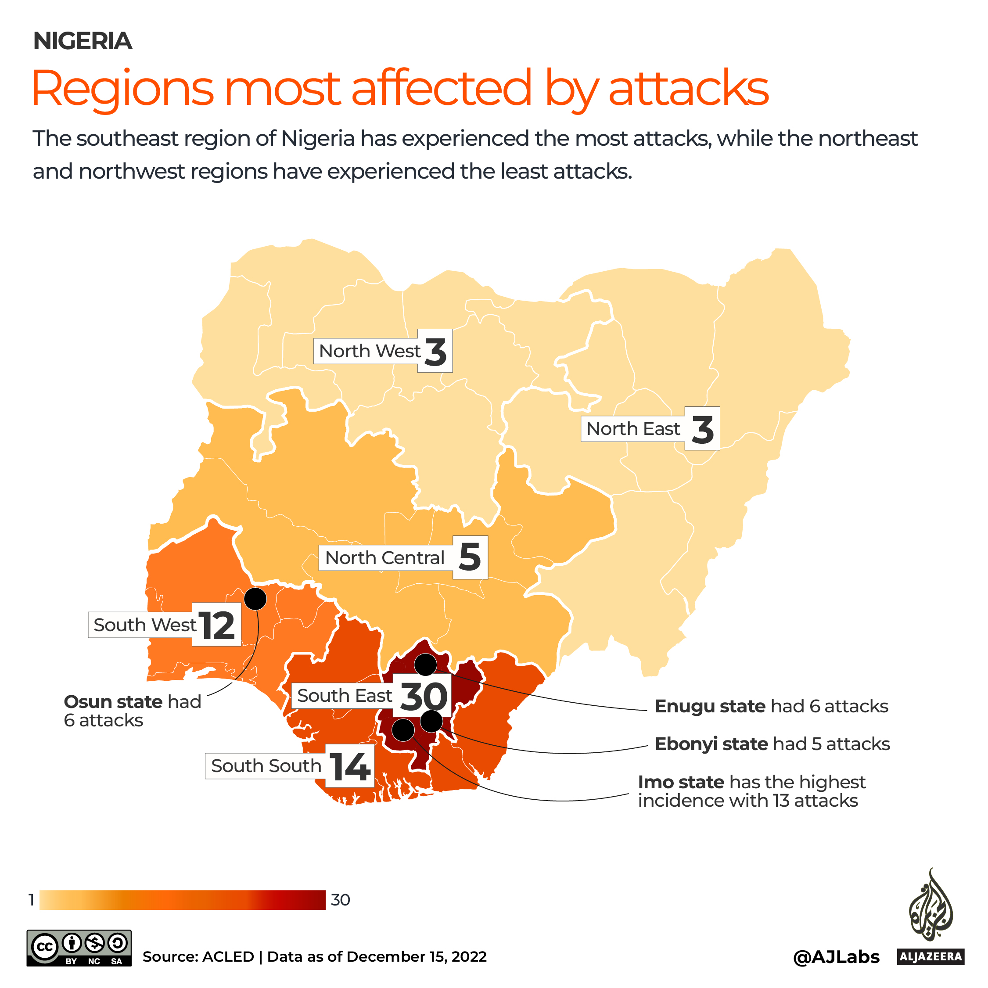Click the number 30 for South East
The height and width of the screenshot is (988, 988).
[x=424, y=697]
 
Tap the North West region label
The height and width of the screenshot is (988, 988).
[x=369, y=351]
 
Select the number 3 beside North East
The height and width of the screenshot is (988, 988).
[x=702, y=430]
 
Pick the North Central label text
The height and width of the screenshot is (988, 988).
[x=384, y=558]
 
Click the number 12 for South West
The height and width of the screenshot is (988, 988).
[x=217, y=625]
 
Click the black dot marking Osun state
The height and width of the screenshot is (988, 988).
[x=255, y=598]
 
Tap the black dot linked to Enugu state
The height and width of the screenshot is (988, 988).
[x=425, y=665]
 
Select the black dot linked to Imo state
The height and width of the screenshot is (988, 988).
[x=403, y=730]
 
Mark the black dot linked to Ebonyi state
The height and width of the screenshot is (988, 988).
[x=431, y=721]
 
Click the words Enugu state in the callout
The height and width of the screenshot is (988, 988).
[x=710, y=706]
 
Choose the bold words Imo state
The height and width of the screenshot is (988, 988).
[x=681, y=782]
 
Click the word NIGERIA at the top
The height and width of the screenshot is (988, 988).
[x=83, y=41]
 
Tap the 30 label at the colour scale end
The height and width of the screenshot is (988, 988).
[x=340, y=900]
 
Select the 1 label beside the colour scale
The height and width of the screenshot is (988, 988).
[x=32, y=900]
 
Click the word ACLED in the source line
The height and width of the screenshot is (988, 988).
[x=228, y=957]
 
